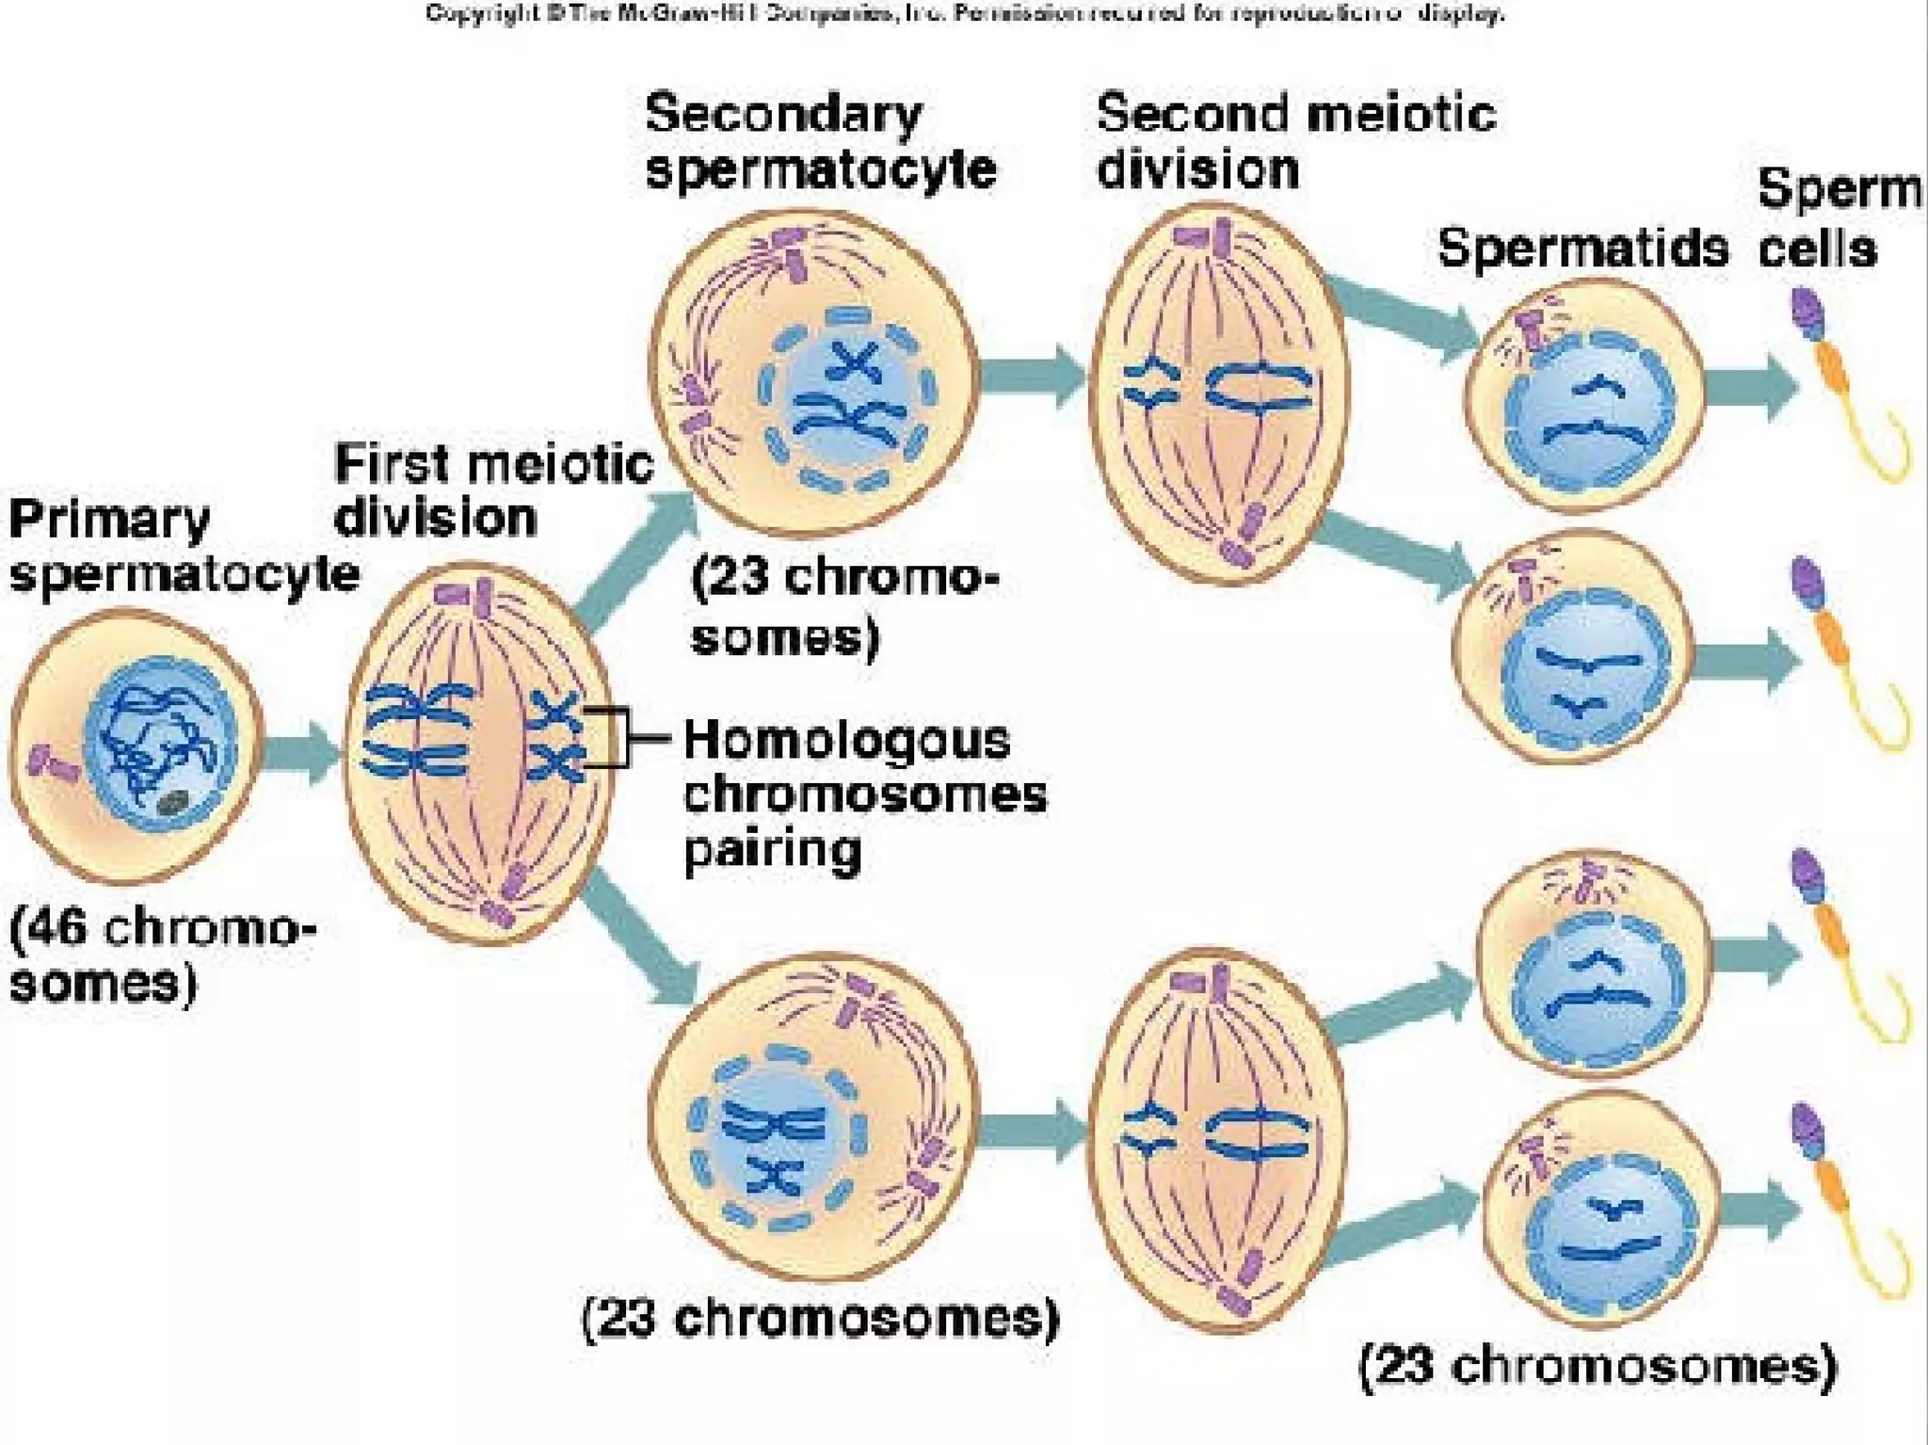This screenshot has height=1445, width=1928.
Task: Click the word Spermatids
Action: pyautogui.click(x=1583, y=249)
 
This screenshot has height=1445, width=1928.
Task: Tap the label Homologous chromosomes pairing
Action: pyautogui.click(x=862, y=794)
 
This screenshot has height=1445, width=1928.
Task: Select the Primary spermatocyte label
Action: pyautogui.click(x=183, y=546)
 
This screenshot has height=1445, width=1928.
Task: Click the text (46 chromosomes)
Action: pyautogui.click(x=160, y=955)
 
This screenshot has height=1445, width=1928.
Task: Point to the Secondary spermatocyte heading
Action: pyautogui.click(x=819, y=141)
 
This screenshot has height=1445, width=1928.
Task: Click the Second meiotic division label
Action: pyautogui.click(x=1294, y=141)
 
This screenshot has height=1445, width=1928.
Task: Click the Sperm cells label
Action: pyautogui.click(x=1836, y=218)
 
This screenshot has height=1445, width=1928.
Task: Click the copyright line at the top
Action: pyautogui.click(x=964, y=13)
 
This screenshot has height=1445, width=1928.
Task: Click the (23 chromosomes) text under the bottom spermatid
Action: pyautogui.click(x=1598, y=1366)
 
